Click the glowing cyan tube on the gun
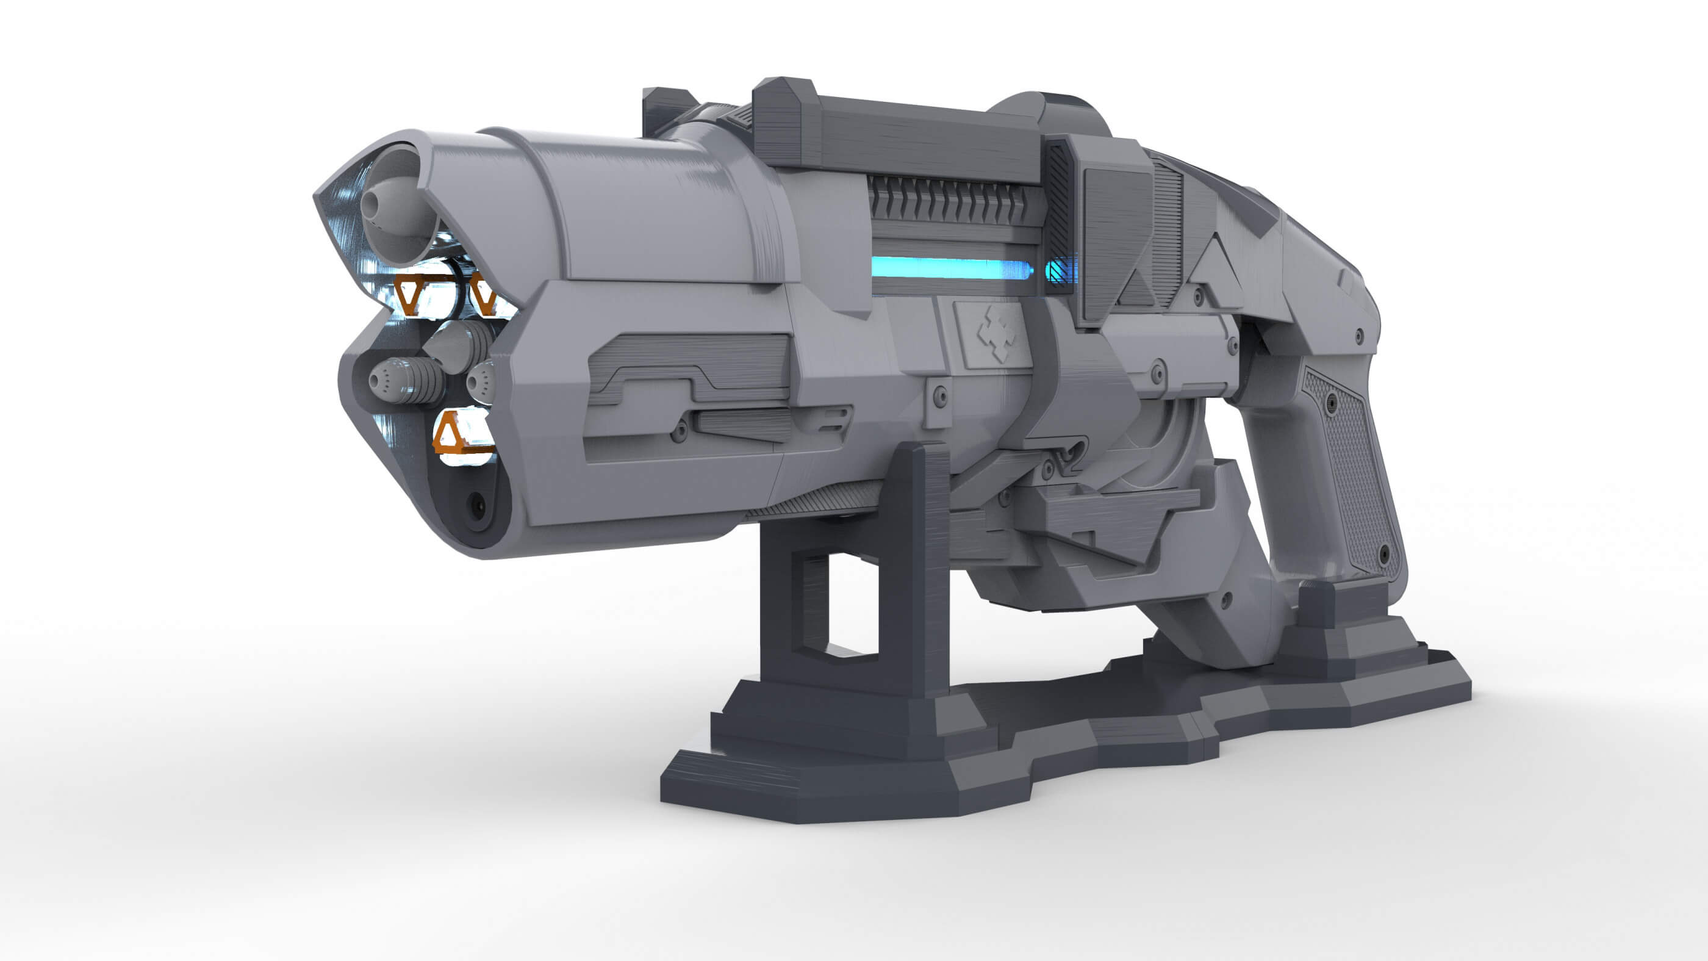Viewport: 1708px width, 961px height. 952,268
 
